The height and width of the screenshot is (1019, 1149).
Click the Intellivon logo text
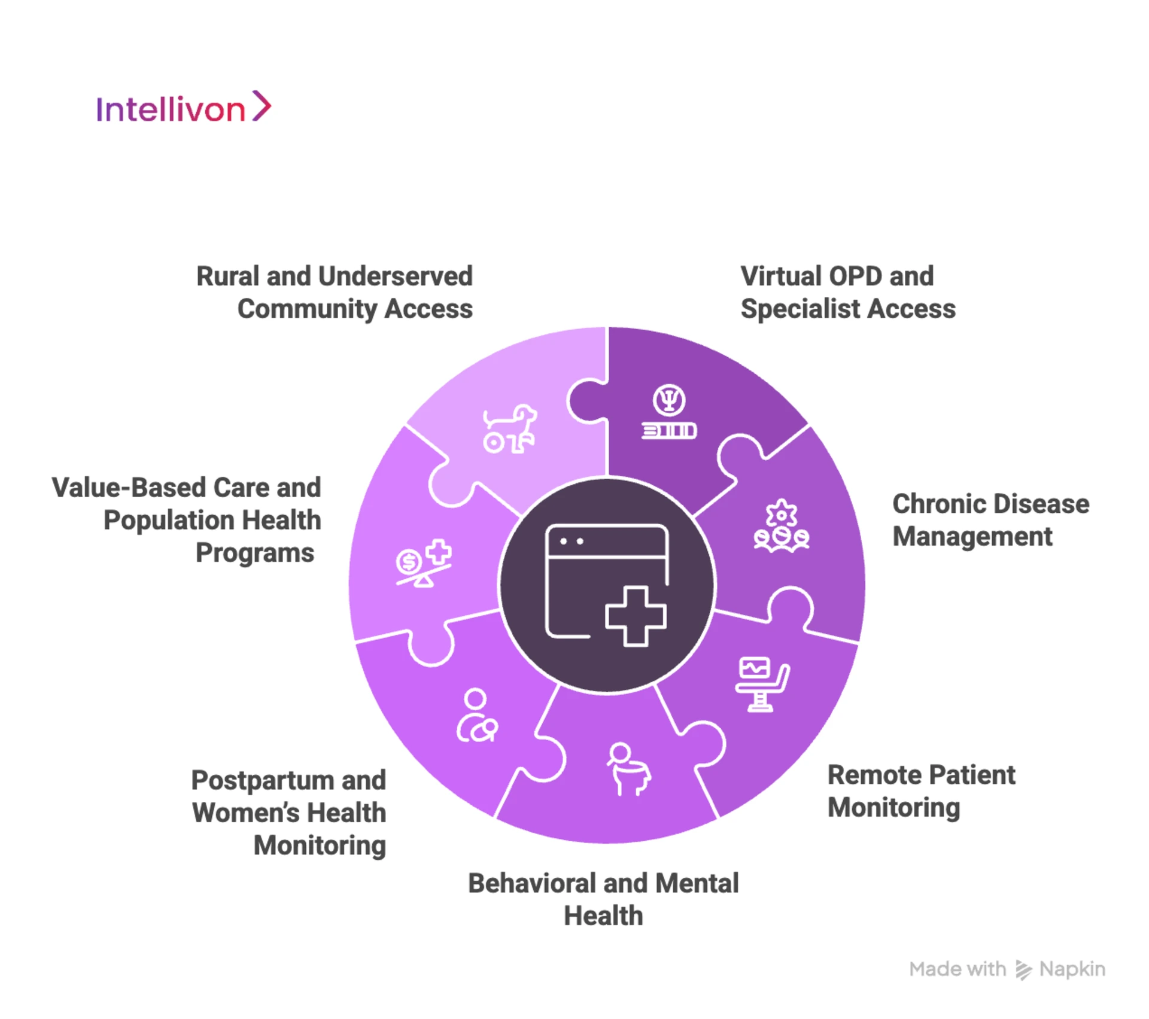(x=171, y=109)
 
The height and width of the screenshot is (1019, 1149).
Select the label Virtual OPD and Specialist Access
(x=847, y=293)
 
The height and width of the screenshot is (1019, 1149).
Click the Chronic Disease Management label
(x=990, y=520)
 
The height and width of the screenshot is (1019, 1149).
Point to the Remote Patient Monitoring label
(x=921, y=791)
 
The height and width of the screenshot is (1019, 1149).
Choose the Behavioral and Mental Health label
(x=603, y=899)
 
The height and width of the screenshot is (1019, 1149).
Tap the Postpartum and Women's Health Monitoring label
(x=289, y=813)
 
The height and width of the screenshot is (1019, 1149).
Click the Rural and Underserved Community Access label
(x=335, y=293)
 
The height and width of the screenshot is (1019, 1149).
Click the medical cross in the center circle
(x=636, y=616)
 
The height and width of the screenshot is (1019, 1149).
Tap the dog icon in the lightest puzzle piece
(x=509, y=428)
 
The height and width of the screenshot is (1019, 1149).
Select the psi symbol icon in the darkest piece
(x=669, y=400)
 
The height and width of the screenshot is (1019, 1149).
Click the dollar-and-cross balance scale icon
(x=424, y=564)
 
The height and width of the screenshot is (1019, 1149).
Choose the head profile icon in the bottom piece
(x=628, y=769)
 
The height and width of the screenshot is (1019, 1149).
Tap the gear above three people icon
(x=781, y=527)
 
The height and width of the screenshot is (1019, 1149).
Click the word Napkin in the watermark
(x=1072, y=969)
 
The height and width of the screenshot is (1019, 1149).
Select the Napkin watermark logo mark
(x=1023, y=970)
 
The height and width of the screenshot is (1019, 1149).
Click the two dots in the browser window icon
(x=572, y=542)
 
